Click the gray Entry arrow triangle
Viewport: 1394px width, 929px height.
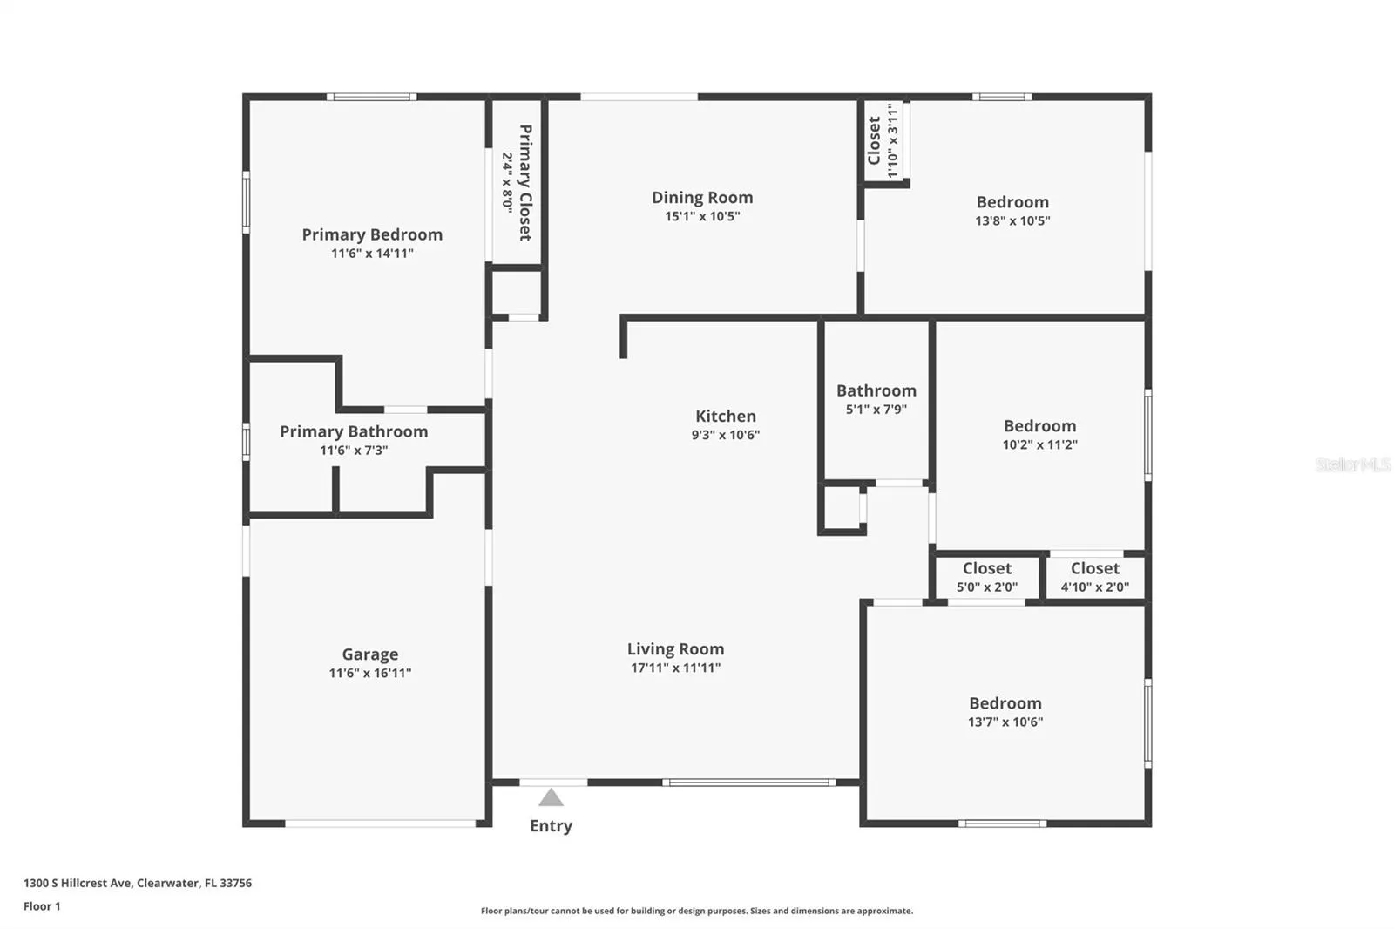(x=551, y=797)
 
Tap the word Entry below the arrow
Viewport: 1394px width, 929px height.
(x=551, y=825)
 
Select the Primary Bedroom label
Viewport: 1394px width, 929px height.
(x=372, y=234)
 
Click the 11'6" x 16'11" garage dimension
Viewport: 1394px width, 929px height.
(x=370, y=673)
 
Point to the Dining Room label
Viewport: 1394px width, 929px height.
(x=702, y=197)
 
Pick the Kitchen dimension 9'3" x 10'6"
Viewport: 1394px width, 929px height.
(x=726, y=435)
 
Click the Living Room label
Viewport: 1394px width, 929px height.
(x=675, y=648)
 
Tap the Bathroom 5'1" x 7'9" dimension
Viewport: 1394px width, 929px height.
(x=876, y=409)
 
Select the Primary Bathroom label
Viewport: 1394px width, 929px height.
(x=354, y=431)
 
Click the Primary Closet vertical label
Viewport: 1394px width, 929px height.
(x=526, y=182)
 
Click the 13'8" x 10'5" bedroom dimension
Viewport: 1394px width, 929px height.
(x=1012, y=220)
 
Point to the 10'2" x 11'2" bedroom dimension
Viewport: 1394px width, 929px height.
(x=1040, y=444)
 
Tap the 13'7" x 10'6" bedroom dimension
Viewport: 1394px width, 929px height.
(x=1005, y=722)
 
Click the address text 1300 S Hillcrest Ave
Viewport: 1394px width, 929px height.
(x=78, y=883)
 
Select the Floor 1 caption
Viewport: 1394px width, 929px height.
(x=43, y=906)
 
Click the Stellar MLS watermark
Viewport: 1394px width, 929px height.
(x=1353, y=464)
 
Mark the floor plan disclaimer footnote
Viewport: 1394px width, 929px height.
(x=696, y=911)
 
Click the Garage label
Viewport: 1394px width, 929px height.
(x=370, y=654)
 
